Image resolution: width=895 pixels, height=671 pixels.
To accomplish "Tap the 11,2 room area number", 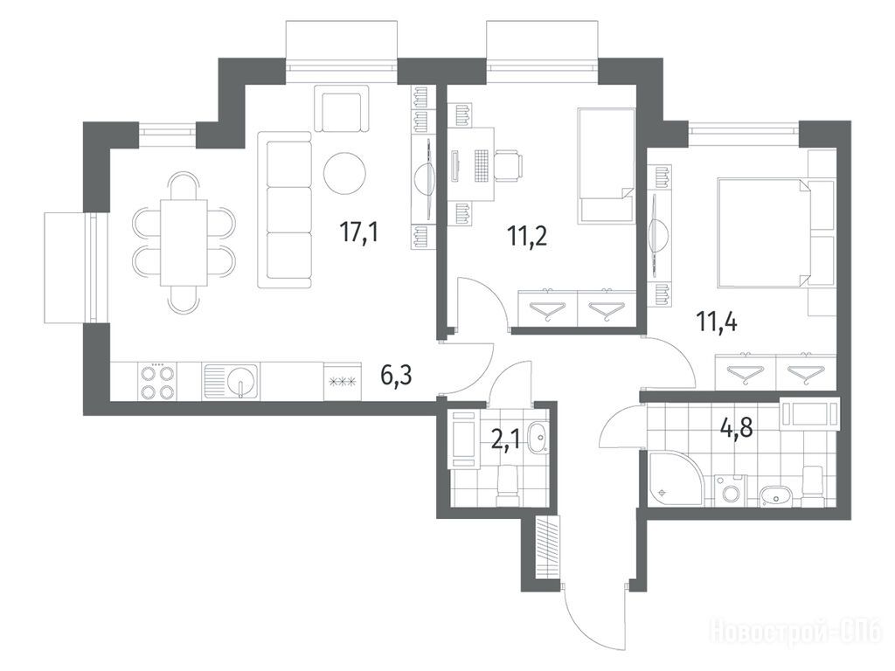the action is [x=527, y=235].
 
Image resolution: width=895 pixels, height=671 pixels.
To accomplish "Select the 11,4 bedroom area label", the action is [x=717, y=322].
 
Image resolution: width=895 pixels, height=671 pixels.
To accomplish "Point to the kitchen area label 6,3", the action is [x=396, y=376].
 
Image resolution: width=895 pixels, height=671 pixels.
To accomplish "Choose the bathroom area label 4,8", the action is [x=737, y=426].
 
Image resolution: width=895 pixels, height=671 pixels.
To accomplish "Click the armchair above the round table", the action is [x=342, y=109].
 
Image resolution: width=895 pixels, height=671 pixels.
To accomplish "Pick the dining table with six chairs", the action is [x=184, y=243].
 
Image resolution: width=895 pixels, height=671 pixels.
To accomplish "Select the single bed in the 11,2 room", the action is [x=607, y=165].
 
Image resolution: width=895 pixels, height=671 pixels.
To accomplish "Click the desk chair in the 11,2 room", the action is [x=508, y=165].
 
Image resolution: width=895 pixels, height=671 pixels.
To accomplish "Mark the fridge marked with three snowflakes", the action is [x=343, y=382].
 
